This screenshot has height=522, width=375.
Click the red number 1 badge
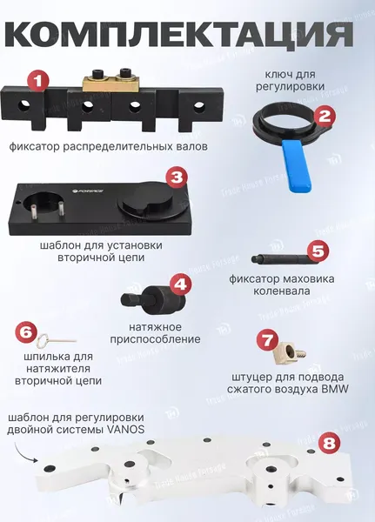[38, 80]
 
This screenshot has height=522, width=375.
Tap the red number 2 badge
[325, 116]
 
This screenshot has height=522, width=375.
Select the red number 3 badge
[177, 177]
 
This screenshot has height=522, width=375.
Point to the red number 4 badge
[181, 284]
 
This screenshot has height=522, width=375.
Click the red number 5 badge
[318, 251]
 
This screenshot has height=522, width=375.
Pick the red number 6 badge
[26, 332]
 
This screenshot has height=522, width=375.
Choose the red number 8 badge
[329, 443]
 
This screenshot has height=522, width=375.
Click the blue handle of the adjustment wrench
[297, 166]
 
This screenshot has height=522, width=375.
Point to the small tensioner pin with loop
[56, 340]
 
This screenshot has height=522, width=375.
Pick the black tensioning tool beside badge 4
[152, 298]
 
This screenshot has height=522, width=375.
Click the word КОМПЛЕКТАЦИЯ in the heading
[179, 35]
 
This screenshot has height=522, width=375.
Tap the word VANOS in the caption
[126, 429]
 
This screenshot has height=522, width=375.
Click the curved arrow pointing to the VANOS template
[24, 451]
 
